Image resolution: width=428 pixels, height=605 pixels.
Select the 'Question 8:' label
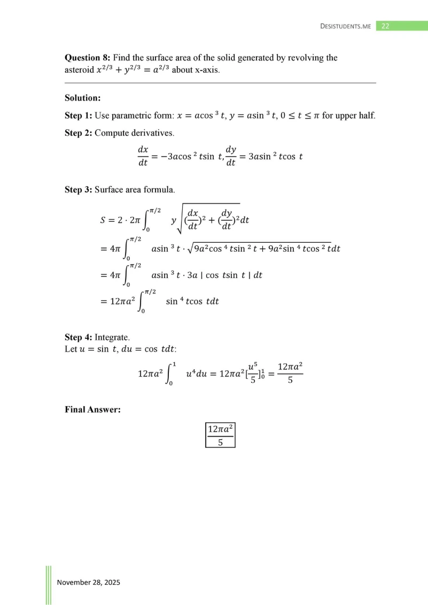point(87,58)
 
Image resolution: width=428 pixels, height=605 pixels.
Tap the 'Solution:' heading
point(83,98)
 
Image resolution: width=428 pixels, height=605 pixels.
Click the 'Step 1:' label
point(79,116)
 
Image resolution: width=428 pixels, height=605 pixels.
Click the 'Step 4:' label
point(79,337)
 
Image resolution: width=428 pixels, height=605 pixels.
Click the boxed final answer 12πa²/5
point(220,435)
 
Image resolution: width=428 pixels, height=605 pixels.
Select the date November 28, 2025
point(88,582)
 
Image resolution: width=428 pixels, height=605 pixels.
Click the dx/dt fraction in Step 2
point(143,156)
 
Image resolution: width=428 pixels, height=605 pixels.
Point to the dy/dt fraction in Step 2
point(231,156)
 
